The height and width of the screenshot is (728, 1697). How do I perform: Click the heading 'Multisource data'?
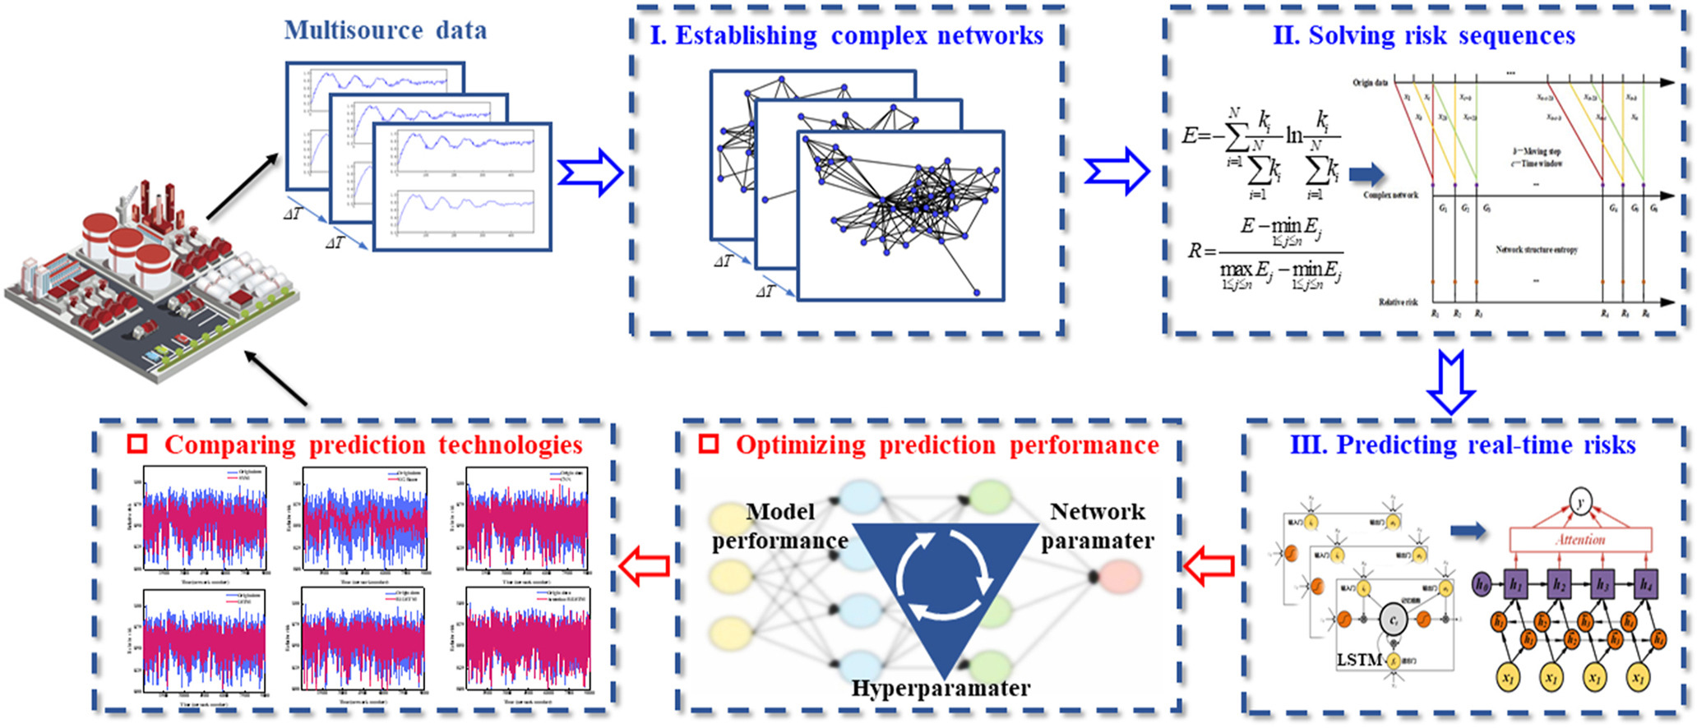tap(385, 31)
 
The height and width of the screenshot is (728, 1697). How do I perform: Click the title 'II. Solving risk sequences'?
tap(1423, 36)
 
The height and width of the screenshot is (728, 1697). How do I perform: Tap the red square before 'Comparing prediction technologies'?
tap(137, 445)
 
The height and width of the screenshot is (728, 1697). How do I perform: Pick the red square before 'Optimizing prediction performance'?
tap(708, 445)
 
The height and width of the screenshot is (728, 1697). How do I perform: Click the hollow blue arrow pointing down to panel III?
tap(1450, 382)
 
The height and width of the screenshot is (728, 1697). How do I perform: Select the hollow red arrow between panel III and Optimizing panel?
tap(1209, 565)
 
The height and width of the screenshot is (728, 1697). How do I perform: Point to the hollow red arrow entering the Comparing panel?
tap(644, 567)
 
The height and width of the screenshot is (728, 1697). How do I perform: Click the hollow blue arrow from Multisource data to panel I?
tap(590, 173)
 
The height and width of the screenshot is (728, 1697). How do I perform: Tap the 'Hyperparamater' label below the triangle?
tap(941, 689)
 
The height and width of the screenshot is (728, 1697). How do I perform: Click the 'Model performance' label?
tap(779, 526)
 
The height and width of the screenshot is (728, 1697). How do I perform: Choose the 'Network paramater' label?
tap(1098, 526)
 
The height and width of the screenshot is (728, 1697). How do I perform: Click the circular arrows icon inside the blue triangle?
tap(941, 578)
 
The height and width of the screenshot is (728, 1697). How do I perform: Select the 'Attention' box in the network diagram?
tap(1580, 540)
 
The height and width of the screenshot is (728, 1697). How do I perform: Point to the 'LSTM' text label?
tap(1359, 660)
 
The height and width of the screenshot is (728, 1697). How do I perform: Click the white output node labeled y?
tap(1580, 500)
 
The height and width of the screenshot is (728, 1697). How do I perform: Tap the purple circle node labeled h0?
tap(1481, 585)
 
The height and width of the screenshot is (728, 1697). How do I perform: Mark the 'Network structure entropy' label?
tap(1536, 250)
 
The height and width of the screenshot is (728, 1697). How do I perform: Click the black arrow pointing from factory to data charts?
tap(243, 187)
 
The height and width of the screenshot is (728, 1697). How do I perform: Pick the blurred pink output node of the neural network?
tap(1118, 578)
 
